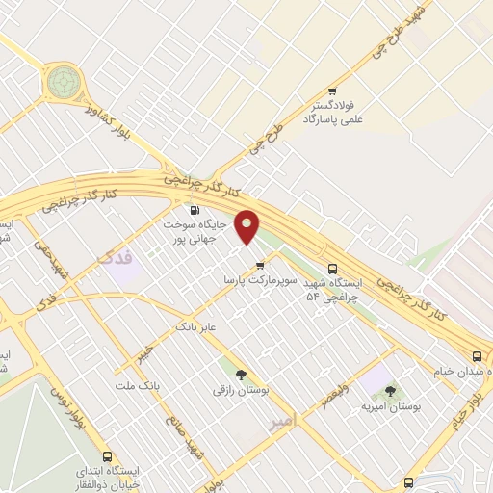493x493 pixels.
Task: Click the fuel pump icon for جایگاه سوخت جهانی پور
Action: tap(195, 210)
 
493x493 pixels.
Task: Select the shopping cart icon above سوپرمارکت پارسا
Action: tap(258, 266)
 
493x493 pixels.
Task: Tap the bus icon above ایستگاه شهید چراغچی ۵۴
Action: tap(332, 269)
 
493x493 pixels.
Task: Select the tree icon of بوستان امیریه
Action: tap(389, 391)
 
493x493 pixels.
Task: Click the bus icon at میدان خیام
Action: tap(478, 356)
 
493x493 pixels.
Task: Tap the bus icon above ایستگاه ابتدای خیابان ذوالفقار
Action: tap(107, 455)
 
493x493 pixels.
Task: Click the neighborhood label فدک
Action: tap(113, 257)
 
